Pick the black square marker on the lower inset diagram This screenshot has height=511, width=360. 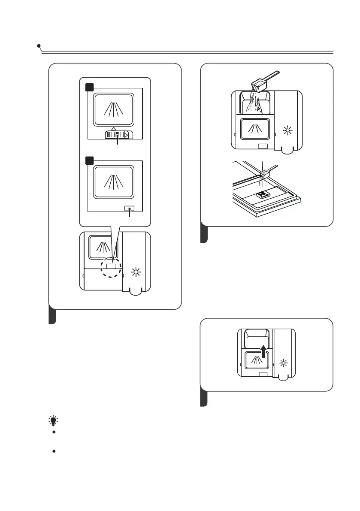pyautogui.click(x=89, y=160)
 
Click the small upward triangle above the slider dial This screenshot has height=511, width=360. pyautogui.click(x=113, y=128)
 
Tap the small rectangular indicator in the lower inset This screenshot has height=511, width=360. pyautogui.click(x=129, y=208)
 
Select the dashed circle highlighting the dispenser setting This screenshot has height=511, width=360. pyautogui.click(x=112, y=266)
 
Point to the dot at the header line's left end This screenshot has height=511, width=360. pyautogui.click(x=39, y=45)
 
